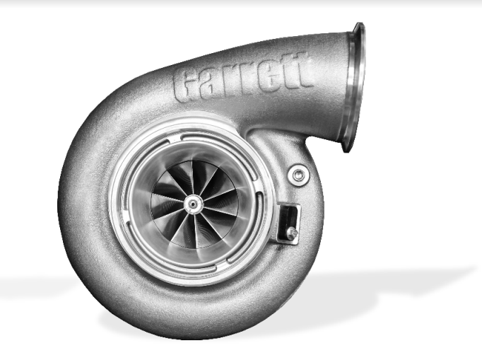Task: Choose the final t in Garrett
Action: (302, 71)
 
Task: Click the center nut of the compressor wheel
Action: (191, 203)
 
